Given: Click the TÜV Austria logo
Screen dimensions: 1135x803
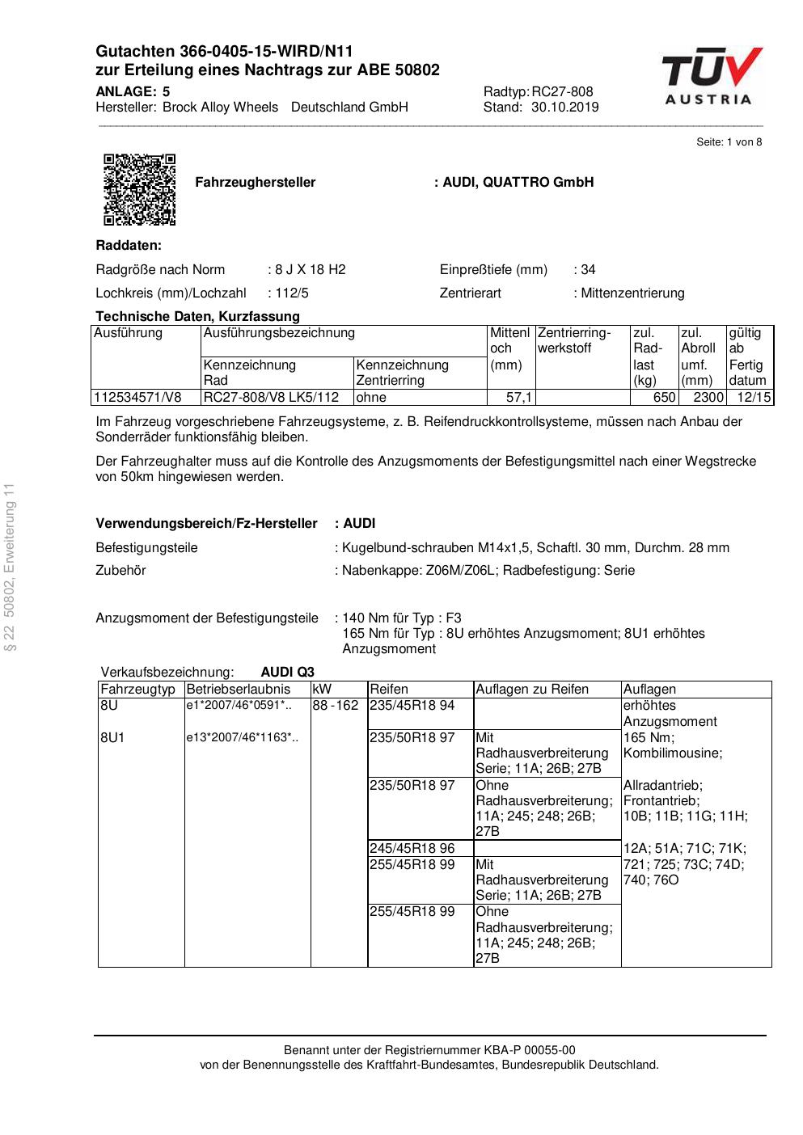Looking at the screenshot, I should (x=712, y=77).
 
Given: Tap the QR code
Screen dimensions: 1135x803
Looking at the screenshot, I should (x=139, y=189).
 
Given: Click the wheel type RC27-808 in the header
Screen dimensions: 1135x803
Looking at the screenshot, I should (x=562, y=92).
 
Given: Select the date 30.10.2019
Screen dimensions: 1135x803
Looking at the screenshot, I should (x=565, y=108).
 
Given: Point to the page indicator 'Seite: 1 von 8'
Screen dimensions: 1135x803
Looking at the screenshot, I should (x=729, y=142).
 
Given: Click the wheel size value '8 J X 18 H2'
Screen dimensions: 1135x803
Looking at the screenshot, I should (x=311, y=270).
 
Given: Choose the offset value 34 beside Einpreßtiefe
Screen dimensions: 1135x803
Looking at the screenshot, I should (x=588, y=270).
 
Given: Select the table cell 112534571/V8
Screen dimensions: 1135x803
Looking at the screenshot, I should (x=138, y=398).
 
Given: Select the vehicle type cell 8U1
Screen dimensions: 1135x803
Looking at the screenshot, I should (x=113, y=738).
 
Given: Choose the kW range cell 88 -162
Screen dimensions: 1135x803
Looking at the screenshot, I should (x=336, y=706).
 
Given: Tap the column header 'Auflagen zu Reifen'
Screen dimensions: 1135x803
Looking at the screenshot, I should (x=532, y=690).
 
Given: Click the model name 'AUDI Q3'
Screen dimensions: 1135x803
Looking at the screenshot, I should (x=288, y=672).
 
